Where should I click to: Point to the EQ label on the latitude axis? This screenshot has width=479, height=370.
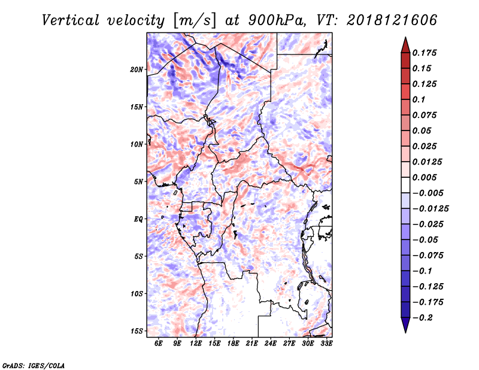click(x=138, y=219)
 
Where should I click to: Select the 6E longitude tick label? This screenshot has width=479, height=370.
click(x=159, y=344)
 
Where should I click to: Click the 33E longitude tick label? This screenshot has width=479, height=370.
click(x=326, y=344)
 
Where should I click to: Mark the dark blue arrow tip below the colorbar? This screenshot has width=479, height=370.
click(x=405, y=327)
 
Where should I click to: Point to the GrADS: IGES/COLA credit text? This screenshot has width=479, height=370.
click(x=33, y=365)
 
